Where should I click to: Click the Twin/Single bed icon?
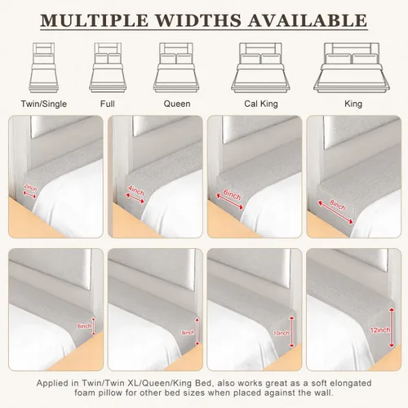point(44,68)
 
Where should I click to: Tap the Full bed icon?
point(108,68)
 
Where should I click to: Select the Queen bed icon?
point(176,68)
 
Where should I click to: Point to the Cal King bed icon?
point(260,68)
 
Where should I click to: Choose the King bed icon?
point(352,68)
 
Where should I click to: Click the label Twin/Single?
point(44,104)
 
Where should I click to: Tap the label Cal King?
point(261,104)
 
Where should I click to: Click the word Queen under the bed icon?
point(177,104)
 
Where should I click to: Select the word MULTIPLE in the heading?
point(95,20)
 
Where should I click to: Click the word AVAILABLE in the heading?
point(308,20)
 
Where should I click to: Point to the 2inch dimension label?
point(30,188)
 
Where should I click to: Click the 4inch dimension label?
point(136,191)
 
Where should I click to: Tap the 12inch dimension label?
point(379,330)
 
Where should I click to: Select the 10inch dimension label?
point(282,333)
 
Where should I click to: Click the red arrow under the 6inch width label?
point(229,202)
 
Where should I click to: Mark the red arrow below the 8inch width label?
point(335,212)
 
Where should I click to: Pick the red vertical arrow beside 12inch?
point(392,327)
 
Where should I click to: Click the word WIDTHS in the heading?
point(198,20)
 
